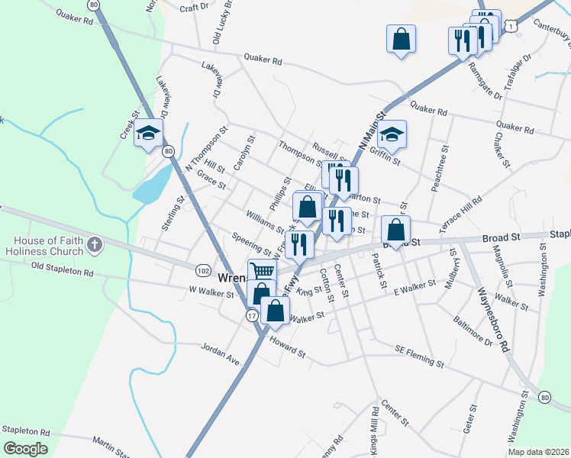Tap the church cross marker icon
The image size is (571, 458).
pos(94,245)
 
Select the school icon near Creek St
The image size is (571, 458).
pos(148,134)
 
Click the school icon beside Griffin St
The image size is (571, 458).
pos(392,134)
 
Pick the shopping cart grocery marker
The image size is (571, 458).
pos(261,270)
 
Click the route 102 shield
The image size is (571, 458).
pos(203,271)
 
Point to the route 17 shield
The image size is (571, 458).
pos(252,314)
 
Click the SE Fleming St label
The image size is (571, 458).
pos(419,354)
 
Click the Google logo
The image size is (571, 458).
pos(25,449)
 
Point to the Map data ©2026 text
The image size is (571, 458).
pos(537,452)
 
